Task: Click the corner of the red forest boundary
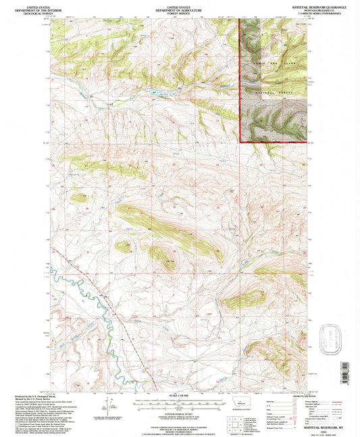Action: coord(241,141)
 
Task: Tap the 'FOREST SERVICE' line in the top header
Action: coord(179,12)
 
